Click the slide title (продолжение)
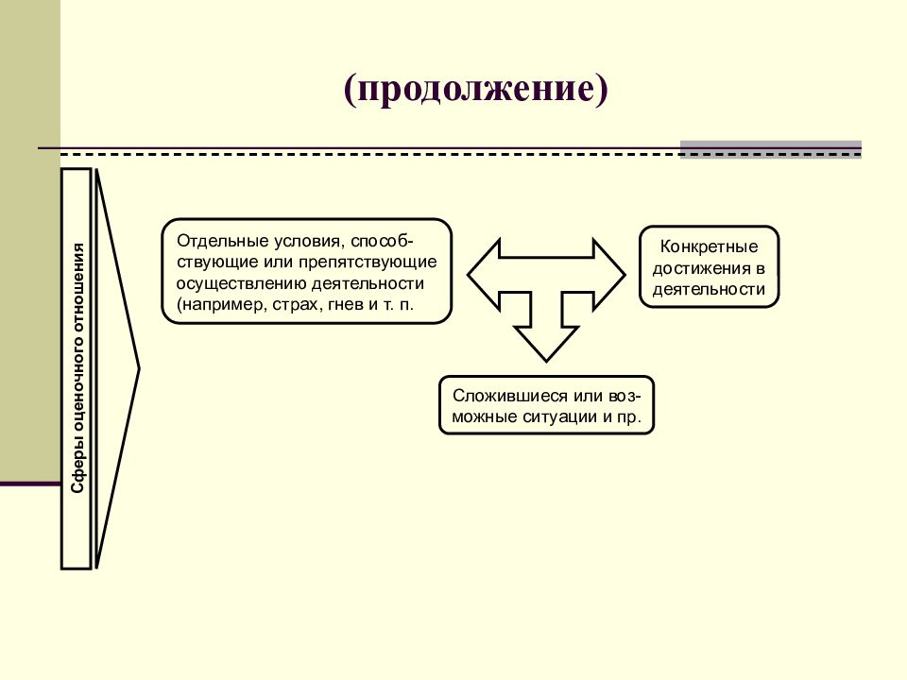[x=475, y=89]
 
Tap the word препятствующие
[x=368, y=262]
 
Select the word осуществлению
[x=241, y=283]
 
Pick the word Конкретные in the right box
[x=710, y=246]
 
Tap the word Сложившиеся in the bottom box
[x=510, y=396]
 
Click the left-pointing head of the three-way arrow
[x=484, y=275]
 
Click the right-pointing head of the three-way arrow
[x=609, y=275]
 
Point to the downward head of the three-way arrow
[x=546, y=344]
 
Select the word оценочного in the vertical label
[x=77, y=385]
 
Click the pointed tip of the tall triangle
[x=139, y=368]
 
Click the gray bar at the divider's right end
[x=771, y=149]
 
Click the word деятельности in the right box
[x=710, y=289]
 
